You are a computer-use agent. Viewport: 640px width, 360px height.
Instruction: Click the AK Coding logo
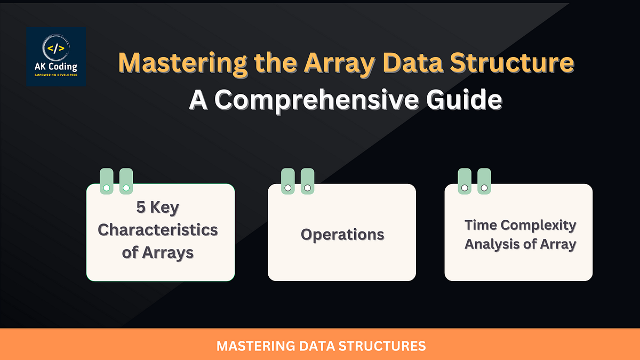(56, 57)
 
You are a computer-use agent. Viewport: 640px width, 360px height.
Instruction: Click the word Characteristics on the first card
(158, 230)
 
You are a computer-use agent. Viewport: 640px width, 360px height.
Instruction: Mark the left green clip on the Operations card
(288, 181)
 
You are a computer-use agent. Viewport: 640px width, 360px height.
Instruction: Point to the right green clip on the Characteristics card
(126, 181)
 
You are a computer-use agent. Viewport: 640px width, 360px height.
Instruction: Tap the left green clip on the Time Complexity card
(465, 181)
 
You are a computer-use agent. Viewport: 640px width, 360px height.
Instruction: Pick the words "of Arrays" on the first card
(157, 252)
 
